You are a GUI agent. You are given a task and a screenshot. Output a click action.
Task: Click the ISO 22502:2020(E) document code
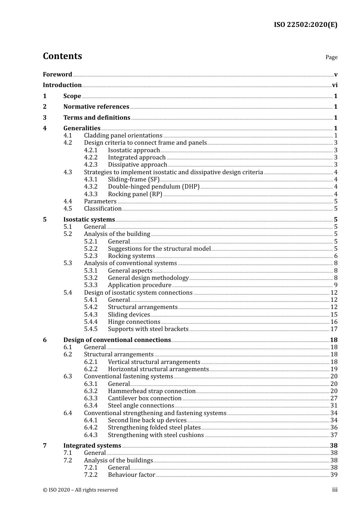pos(305,25)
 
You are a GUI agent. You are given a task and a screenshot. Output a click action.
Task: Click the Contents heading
pos(63,56)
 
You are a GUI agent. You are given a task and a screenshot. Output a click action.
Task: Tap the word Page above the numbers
pos(331,57)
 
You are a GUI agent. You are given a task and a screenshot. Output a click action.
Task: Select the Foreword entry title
pos(57,75)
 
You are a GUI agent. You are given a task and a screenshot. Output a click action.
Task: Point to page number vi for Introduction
pos(335,85)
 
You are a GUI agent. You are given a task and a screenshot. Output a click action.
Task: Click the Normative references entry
pos(96,107)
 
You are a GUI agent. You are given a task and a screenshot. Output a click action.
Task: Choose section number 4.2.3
pos(91,165)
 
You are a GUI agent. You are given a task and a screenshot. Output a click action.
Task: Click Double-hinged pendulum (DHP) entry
pos(153,187)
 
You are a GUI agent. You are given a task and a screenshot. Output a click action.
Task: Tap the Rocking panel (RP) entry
pos(135,194)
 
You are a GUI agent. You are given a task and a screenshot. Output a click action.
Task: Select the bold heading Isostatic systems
pos(89,220)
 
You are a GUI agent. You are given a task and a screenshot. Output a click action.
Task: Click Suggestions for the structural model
pos(159,249)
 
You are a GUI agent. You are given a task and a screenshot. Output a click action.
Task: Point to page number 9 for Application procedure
pos(336,285)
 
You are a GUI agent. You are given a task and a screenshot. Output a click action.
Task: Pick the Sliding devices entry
pos(129,315)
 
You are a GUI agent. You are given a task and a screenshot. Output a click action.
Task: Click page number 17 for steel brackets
pos(334,329)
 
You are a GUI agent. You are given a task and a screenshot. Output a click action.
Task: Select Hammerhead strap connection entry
pos(152,391)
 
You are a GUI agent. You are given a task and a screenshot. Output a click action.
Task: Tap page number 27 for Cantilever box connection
pos(334,398)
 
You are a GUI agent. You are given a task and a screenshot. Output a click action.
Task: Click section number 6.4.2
pos(91,428)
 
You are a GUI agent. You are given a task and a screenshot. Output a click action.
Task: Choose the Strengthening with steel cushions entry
pos(156,435)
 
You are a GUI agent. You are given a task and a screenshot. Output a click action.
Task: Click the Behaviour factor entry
pos(131,475)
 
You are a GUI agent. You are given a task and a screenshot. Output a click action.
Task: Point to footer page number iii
pos(335,490)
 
